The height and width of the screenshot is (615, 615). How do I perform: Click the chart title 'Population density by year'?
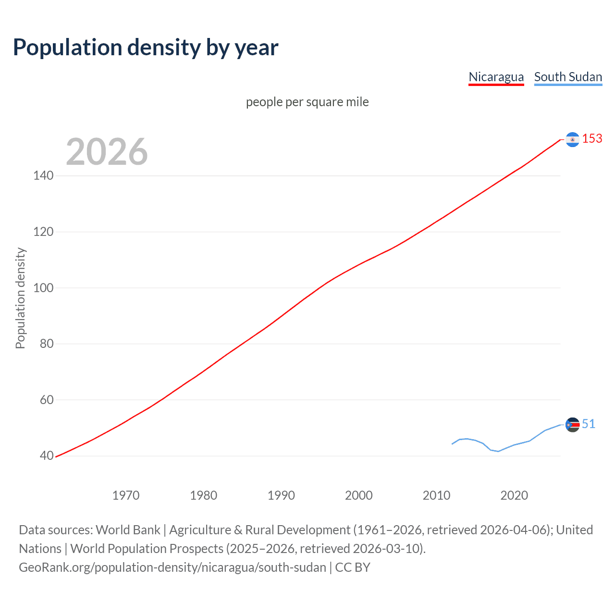click(146, 48)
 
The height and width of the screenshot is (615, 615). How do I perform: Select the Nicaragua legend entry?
click(496, 77)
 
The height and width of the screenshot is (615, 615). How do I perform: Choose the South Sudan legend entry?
click(568, 77)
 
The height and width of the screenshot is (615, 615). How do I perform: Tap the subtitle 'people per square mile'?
click(307, 102)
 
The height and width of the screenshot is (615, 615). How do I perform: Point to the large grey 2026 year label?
click(107, 152)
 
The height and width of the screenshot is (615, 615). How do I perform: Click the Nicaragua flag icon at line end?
click(572, 139)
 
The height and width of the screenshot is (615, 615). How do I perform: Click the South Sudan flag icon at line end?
click(572, 425)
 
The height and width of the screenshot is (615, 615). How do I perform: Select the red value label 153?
click(592, 139)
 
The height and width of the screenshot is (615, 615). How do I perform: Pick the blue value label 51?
click(589, 424)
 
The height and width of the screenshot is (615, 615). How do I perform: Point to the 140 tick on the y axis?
click(43, 176)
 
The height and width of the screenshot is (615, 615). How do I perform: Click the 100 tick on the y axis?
click(43, 288)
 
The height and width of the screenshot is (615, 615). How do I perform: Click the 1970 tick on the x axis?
click(126, 495)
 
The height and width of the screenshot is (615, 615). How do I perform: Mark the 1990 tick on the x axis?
click(281, 495)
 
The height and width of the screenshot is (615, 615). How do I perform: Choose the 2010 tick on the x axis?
click(436, 495)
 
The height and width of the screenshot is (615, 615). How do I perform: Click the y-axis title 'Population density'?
click(20, 298)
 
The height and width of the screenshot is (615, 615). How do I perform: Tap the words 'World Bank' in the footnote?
click(128, 530)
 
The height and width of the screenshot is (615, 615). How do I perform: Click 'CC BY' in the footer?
click(353, 567)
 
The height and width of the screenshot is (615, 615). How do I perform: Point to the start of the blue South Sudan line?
click(452, 444)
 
